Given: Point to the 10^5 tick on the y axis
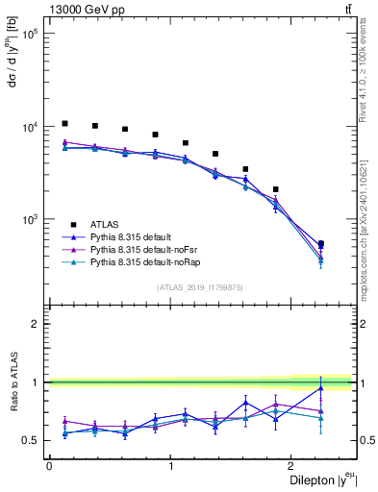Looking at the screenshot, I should point(31,34).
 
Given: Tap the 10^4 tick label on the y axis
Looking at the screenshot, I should point(31,127).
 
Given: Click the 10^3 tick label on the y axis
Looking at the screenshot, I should point(31,219).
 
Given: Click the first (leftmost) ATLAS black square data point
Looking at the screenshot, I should point(64,124).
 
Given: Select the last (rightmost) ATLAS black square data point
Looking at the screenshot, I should point(320,244).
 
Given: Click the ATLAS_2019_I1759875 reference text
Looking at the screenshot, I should point(200,287).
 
